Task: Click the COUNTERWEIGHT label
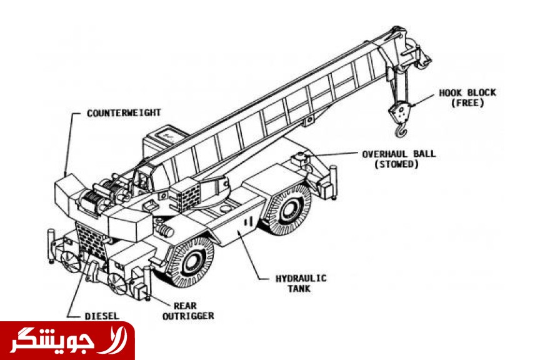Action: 124,112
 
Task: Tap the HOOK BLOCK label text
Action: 467,92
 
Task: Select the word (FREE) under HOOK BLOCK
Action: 467,102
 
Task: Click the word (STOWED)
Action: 396,164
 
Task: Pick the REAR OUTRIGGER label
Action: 187,311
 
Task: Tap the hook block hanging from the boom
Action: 397,112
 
